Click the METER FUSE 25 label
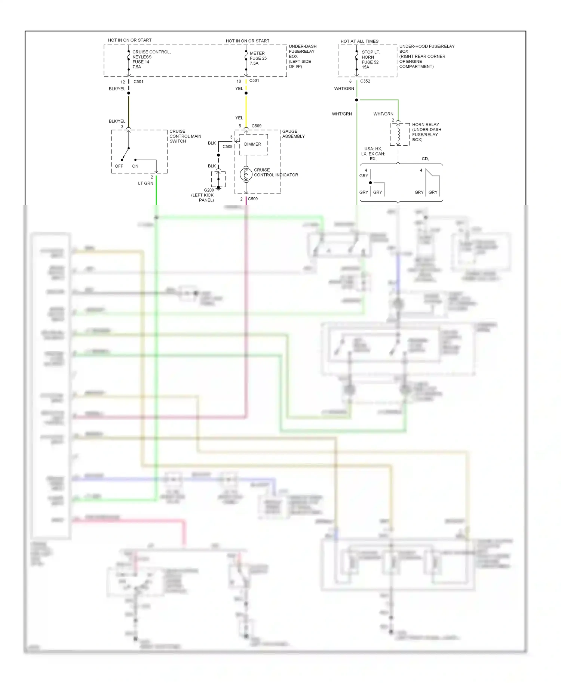[x=258, y=58]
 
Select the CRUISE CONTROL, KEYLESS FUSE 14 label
[x=151, y=59]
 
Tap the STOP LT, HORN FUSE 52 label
[x=370, y=59]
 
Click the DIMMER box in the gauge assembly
[x=253, y=144]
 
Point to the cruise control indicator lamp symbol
[x=246, y=174]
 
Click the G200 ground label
[x=209, y=190]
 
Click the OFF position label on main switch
[x=119, y=166]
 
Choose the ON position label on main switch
[x=135, y=166]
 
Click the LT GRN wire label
[x=145, y=183]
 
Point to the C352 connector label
[x=365, y=81]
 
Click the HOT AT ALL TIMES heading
[x=359, y=41]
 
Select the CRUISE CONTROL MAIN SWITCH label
[x=185, y=136]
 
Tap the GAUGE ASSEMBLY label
[x=293, y=134]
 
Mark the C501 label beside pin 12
[x=138, y=81]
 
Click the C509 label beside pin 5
[x=257, y=126]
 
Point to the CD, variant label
[x=425, y=159]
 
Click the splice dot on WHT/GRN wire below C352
[x=356, y=100]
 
